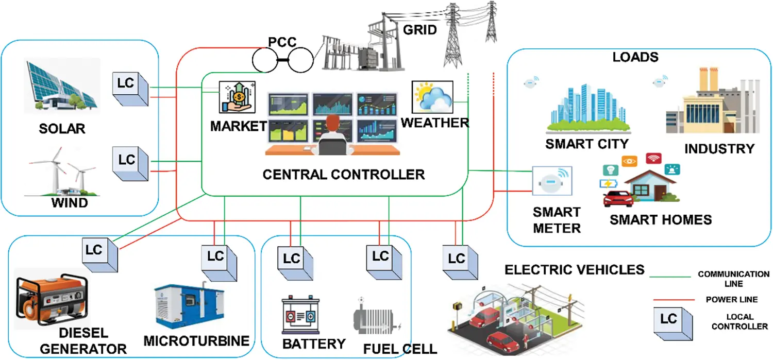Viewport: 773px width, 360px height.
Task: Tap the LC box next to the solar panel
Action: tap(129, 87)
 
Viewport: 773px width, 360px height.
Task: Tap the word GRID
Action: tap(419, 29)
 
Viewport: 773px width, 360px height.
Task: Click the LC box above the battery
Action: tap(293, 261)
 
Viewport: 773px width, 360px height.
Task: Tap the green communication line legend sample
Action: tap(669, 277)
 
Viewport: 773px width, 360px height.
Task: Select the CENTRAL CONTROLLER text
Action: tap(344, 174)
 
